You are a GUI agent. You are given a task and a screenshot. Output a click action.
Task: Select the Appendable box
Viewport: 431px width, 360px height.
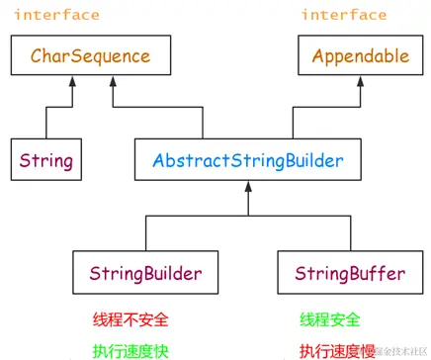coord(360,56)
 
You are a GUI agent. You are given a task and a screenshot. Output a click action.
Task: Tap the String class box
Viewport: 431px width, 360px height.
coord(46,158)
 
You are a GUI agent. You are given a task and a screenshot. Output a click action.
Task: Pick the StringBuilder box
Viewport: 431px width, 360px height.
coord(145,271)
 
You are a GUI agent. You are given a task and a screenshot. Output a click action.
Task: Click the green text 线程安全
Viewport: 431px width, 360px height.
coord(329,319)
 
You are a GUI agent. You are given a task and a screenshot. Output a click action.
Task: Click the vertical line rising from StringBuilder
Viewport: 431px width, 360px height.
coord(145,232)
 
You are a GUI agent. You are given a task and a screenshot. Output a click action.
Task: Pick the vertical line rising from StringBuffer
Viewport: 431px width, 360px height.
coord(342,232)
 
